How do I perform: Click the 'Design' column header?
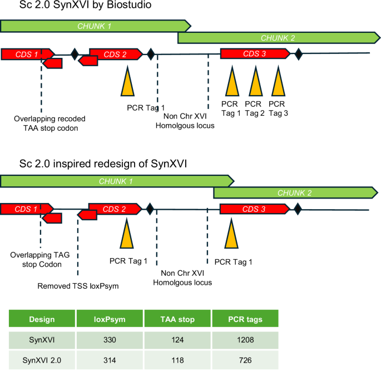pos(43,319)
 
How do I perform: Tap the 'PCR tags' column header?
pos(245,319)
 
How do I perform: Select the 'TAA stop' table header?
pos(177,319)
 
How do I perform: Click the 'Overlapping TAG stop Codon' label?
pos(43,260)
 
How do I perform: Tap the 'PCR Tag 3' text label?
pos(277,108)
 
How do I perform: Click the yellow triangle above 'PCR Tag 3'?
pos(278,83)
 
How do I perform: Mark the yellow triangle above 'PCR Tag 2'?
pos(254,83)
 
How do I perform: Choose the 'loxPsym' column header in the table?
pos(110,319)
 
